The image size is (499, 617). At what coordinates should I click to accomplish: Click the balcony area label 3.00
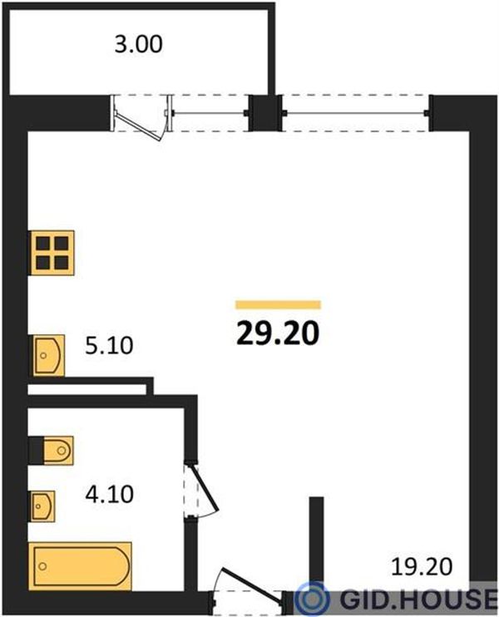coord(139,44)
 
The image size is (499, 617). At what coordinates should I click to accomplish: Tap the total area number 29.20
coord(278,334)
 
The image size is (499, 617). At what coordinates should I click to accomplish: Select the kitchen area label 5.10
coord(109,346)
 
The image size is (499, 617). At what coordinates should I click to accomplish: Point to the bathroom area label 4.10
coord(110,494)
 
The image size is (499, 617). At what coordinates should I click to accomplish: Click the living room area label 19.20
coord(422,567)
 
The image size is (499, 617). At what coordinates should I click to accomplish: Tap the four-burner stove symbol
coord(52,253)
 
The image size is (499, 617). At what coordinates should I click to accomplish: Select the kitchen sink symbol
coord(47,355)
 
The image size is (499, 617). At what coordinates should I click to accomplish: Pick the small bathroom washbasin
coord(42,506)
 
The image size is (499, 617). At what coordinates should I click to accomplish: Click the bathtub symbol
coord(80,565)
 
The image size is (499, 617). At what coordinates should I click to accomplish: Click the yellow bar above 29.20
coord(279,305)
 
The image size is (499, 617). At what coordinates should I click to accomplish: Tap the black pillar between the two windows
coord(265,113)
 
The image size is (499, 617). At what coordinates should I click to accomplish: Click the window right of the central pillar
coord(356,113)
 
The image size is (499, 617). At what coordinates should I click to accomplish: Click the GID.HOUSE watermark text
coord(418,599)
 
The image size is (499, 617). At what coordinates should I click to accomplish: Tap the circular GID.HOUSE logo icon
coord(313,600)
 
